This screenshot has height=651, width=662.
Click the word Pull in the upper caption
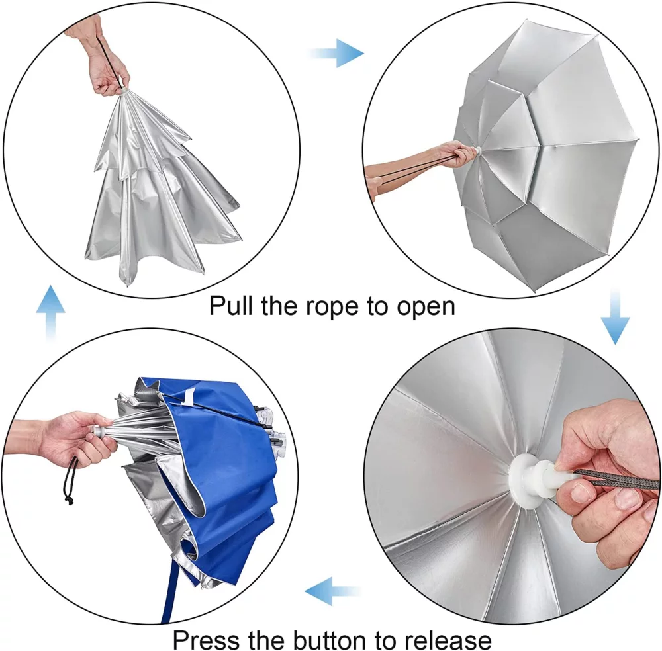[229, 307]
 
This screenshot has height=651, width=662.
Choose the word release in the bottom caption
[450, 640]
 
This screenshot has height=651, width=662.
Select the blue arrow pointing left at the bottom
[331, 587]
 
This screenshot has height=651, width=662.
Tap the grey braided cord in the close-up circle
[616, 478]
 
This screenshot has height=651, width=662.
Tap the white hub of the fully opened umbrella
[475, 153]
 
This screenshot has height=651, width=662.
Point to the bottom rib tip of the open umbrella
[532, 290]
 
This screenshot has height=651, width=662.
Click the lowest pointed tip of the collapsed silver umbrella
[128, 285]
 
